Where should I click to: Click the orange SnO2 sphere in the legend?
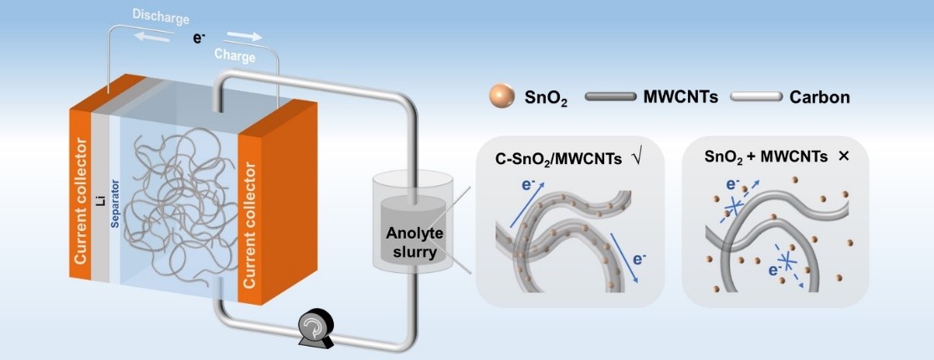coord(502,97)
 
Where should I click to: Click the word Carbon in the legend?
coord(819,97)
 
